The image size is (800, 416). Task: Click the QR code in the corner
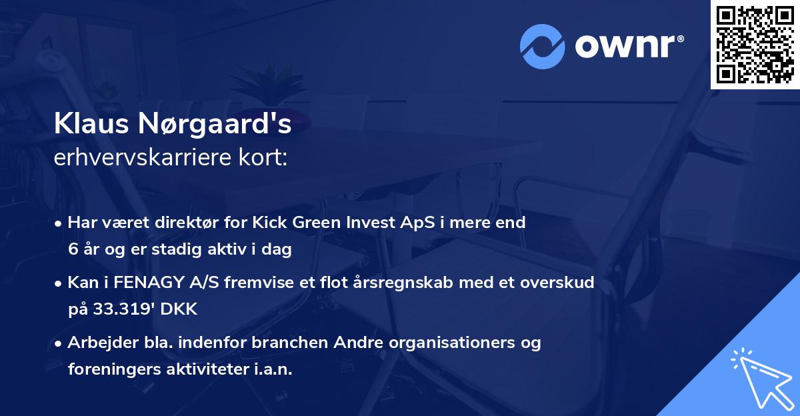pos(755,44)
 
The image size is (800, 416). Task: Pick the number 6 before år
pos(73,249)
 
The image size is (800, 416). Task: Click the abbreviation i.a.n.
pos(270,369)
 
